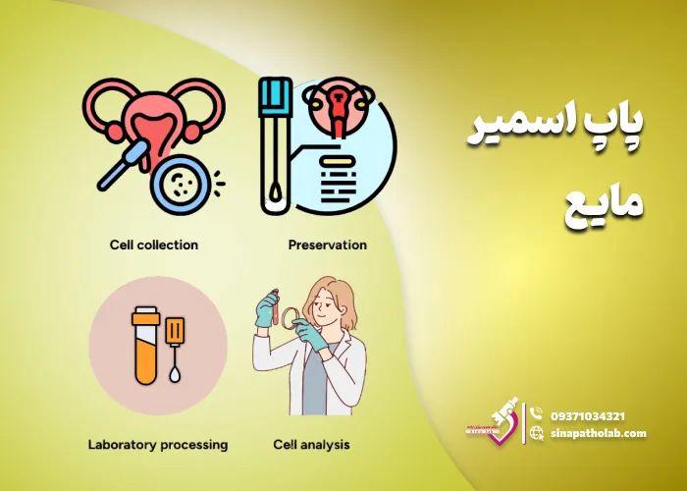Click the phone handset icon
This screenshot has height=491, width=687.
pos(536,415)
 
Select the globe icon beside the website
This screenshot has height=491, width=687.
pos(536,433)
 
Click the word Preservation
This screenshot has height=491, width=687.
pos(327,245)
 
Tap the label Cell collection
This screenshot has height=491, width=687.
pos(154,245)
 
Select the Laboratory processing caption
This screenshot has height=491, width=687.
pos(157,445)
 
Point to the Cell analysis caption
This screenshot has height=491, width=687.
pos(311,445)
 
